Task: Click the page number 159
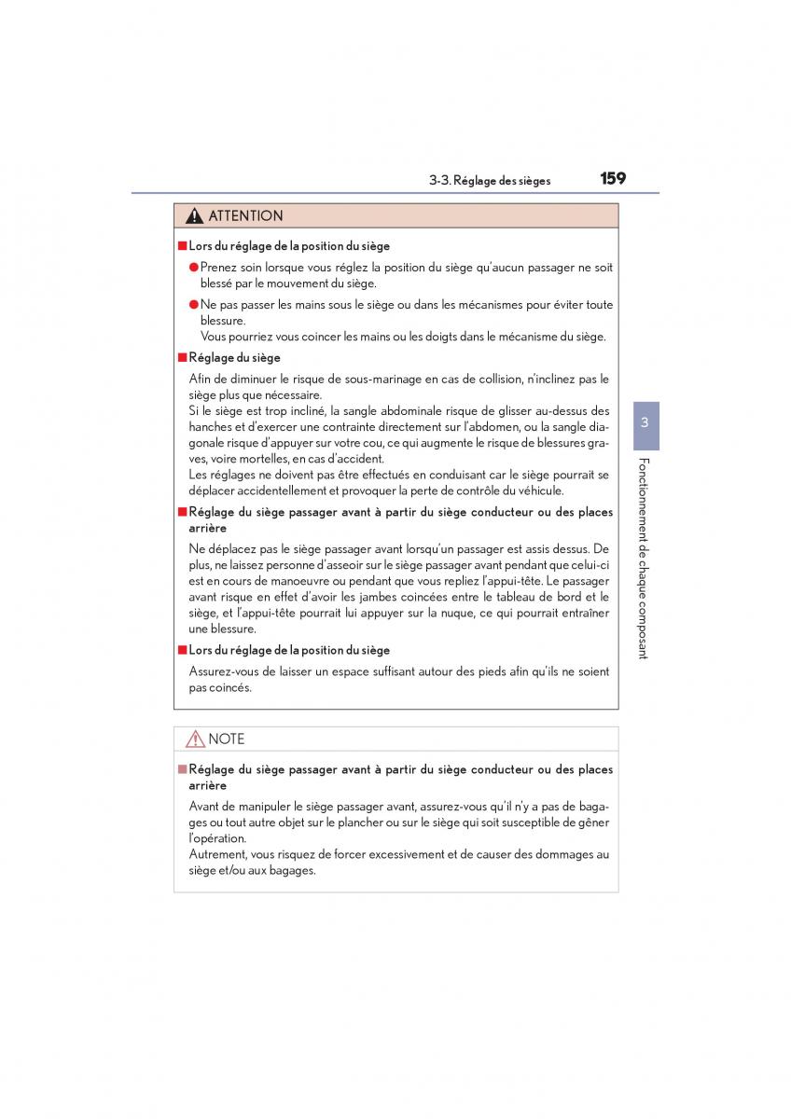click(613, 178)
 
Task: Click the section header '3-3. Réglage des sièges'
click(490, 181)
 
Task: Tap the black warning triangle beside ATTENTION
click(194, 216)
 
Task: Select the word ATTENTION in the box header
click(245, 216)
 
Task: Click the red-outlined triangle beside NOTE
click(194, 739)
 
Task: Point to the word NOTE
click(227, 739)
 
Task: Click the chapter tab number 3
click(645, 422)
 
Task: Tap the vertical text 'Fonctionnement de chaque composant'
click(644, 558)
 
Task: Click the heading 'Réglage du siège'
click(234, 357)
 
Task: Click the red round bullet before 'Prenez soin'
click(194, 268)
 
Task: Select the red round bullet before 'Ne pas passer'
click(194, 305)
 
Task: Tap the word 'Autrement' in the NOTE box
click(218, 854)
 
